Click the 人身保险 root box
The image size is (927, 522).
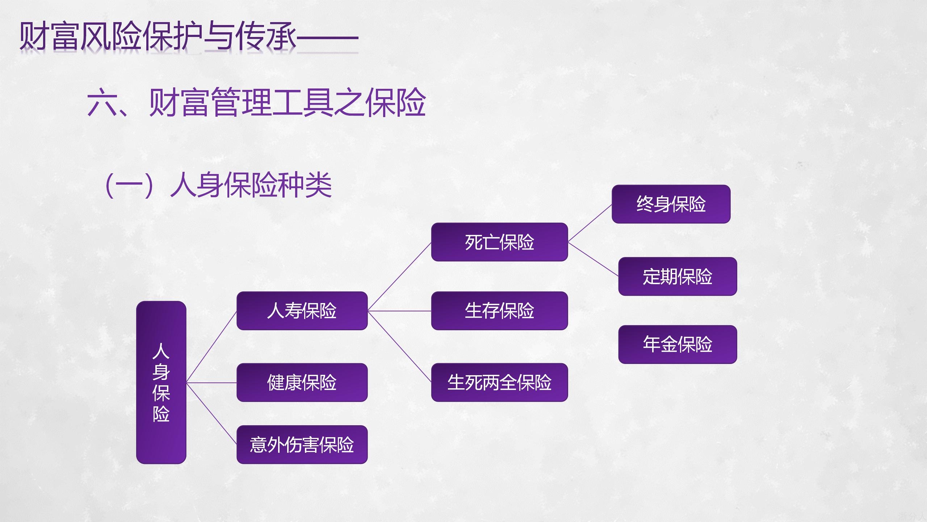tap(161, 382)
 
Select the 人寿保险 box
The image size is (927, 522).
tap(302, 311)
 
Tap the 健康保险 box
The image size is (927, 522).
tap(302, 382)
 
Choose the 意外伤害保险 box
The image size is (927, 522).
tap(302, 444)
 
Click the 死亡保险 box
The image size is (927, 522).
tap(499, 242)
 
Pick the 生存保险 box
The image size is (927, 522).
tap(499, 311)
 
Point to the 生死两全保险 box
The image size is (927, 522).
tap(499, 382)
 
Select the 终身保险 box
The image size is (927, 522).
tap(671, 204)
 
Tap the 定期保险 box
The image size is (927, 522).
tap(678, 276)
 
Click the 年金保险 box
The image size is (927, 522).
tap(678, 344)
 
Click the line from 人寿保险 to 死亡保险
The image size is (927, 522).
tap(399, 276)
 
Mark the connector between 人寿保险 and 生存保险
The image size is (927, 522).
tap(399, 311)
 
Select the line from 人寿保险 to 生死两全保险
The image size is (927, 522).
tap(399, 347)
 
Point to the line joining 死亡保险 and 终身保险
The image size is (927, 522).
tap(590, 223)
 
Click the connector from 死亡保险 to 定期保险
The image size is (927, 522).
tap(593, 259)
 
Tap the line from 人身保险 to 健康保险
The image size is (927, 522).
tap(211, 382)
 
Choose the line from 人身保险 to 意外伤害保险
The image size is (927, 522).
tap(211, 414)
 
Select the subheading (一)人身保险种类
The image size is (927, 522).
tap(218, 185)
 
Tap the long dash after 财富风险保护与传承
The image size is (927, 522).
tap(328, 37)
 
